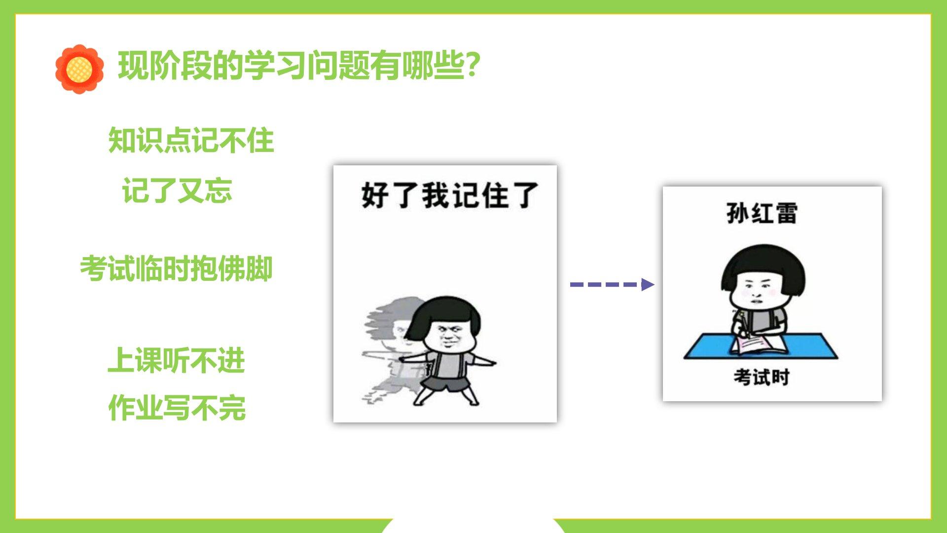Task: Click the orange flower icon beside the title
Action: [79, 69]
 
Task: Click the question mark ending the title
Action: [473, 65]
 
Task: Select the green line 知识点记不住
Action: [191, 140]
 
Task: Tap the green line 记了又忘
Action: [177, 190]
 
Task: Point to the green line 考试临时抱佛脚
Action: [176, 269]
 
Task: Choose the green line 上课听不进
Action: [177, 360]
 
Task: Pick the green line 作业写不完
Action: [177, 408]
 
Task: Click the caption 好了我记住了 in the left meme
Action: [449, 195]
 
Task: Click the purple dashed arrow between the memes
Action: [612, 284]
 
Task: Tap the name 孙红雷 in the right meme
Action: [762, 213]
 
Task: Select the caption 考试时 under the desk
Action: [762, 378]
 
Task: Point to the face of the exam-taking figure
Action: [755, 291]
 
